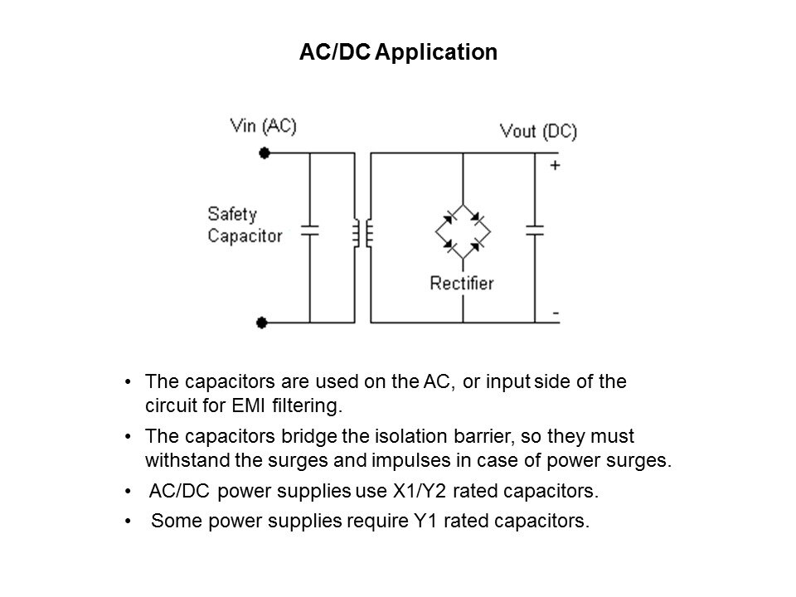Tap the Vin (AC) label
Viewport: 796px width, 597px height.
coord(264,126)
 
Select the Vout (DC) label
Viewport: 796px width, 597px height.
coord(538,131)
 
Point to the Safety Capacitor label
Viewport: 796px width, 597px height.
coord(245,225)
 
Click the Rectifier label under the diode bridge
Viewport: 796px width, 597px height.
coord(461,284)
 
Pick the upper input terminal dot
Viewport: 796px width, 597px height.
coord(264,153)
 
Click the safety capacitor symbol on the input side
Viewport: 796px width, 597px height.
coord(309,229)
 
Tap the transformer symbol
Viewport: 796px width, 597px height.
coord(362,233)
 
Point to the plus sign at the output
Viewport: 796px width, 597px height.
coord(555,165)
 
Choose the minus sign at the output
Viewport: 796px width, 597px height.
coord(554,314)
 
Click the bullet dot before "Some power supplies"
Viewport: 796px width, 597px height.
coord(127,522)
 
